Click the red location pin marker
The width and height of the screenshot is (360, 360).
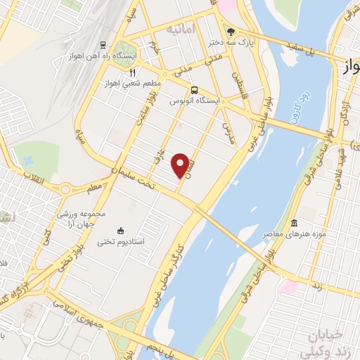(184, 165)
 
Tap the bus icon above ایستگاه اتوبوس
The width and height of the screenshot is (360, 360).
(194, 89)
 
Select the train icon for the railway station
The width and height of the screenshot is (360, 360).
(104, 42)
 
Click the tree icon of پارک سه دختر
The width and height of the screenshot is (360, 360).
(231, 31)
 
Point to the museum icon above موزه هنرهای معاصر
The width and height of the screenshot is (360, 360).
(295, 223)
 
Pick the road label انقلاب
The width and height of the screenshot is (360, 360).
(33, 175)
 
